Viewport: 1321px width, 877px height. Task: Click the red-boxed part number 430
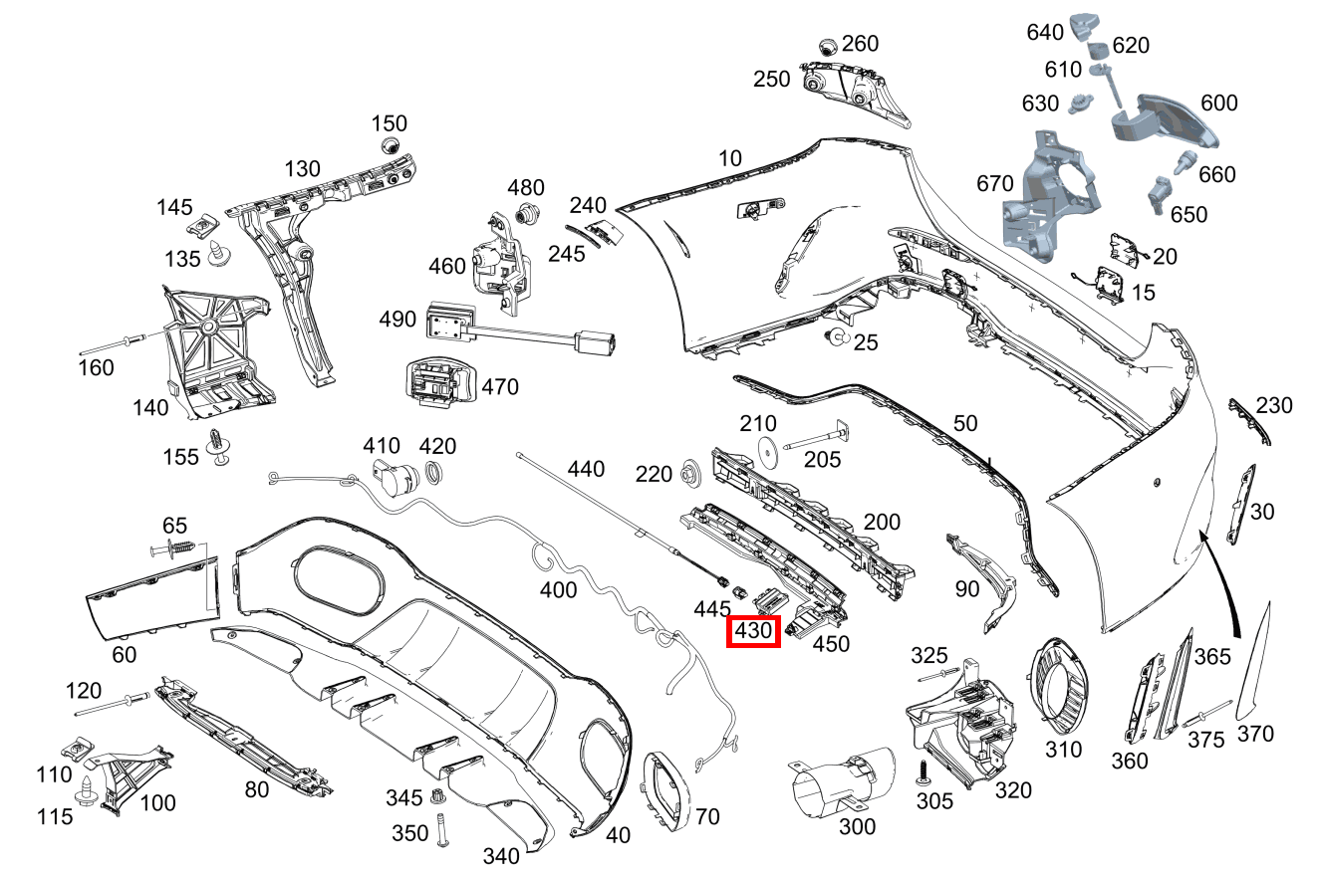pos(752,631)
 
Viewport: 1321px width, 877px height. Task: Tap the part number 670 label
pos(995,183)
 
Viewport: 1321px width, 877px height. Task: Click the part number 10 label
pos(730,157)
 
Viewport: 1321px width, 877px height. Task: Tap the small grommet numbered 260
pos(827,46)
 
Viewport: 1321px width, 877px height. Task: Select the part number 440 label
pos(586,468)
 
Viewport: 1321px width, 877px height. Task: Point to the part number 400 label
pos(558,589)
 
